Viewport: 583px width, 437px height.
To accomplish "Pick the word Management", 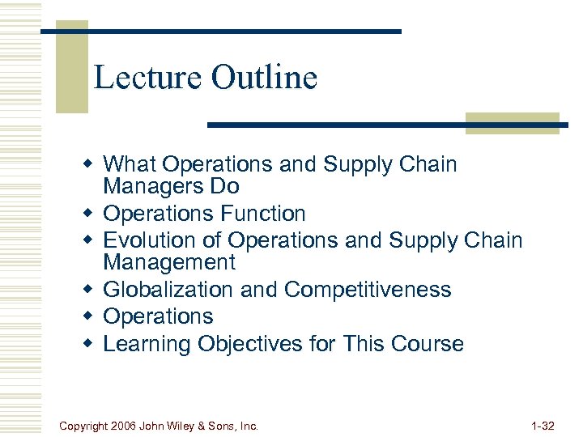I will pos(169,262).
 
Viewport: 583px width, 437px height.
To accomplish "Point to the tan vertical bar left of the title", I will pos(71,69).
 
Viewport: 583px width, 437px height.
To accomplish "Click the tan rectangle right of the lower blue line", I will pos(512,123).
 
